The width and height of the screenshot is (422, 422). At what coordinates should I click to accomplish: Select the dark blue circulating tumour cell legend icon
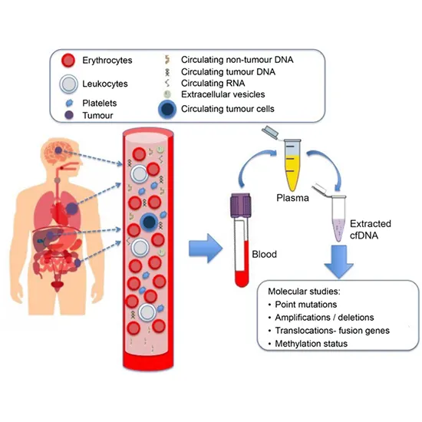click(166, 109)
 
